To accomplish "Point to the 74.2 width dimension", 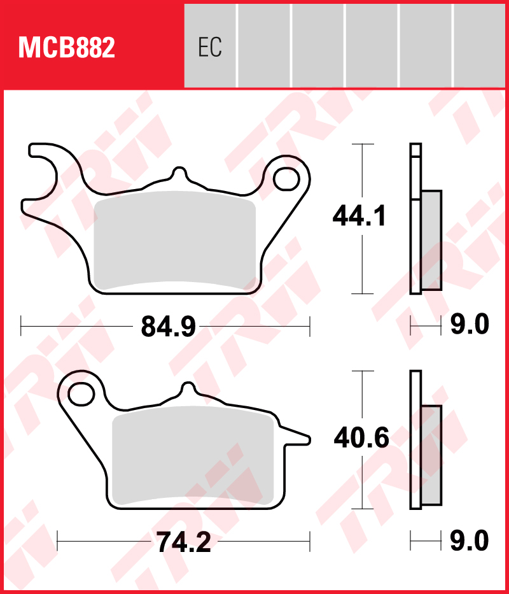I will (x=183, y=542).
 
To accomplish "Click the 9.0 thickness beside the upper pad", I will (x=470, y=325).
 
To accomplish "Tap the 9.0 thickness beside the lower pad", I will (x=470, y=541).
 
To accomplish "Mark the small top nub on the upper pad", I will (x=179, y=173).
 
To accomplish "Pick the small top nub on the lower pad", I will (x=188, y=388).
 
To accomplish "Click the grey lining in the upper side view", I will (x=431, y=240).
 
